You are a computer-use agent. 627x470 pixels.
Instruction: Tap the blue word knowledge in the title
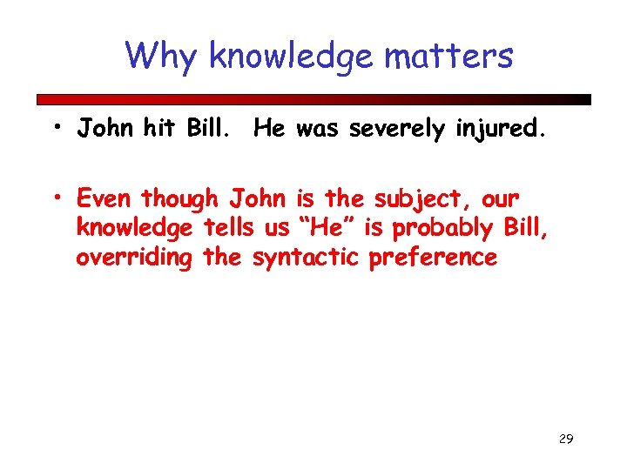[291, 57]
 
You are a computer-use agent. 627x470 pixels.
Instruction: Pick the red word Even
[106, 198]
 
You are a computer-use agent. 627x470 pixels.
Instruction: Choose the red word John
[257, 198]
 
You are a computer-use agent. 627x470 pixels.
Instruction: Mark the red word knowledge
[134, 229]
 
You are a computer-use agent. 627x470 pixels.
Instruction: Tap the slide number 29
[565, 439]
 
